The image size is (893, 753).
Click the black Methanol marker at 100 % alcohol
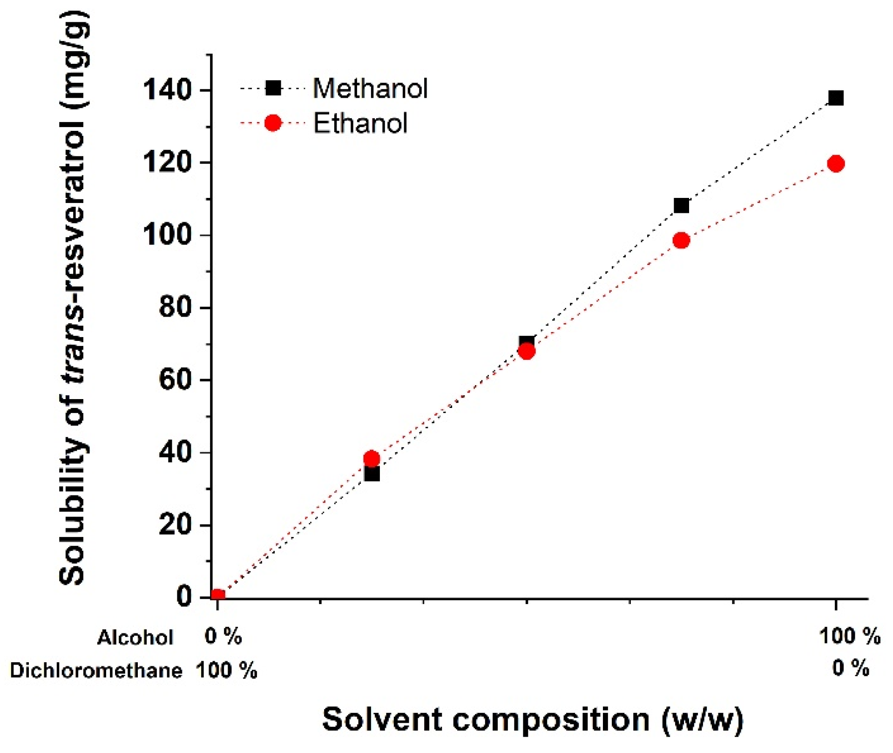836,98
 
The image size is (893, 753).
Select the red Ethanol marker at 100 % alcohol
836,163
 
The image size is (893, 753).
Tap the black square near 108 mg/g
681,205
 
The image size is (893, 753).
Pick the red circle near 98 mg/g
681,240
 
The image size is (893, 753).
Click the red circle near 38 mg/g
371,459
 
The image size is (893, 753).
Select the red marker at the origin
217,596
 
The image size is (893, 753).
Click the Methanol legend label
370,88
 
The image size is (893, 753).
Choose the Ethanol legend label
360,123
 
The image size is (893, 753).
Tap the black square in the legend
273,88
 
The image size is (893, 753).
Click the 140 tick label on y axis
167,89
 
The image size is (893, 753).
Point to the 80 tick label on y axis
175,307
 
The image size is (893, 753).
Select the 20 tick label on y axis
175,525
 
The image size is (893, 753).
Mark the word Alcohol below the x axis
135,638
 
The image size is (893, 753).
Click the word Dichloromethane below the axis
96,671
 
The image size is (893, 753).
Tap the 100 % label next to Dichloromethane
226,671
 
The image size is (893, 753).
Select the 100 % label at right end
849,636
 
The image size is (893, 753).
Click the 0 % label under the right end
850,669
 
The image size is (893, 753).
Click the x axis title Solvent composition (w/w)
532,719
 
